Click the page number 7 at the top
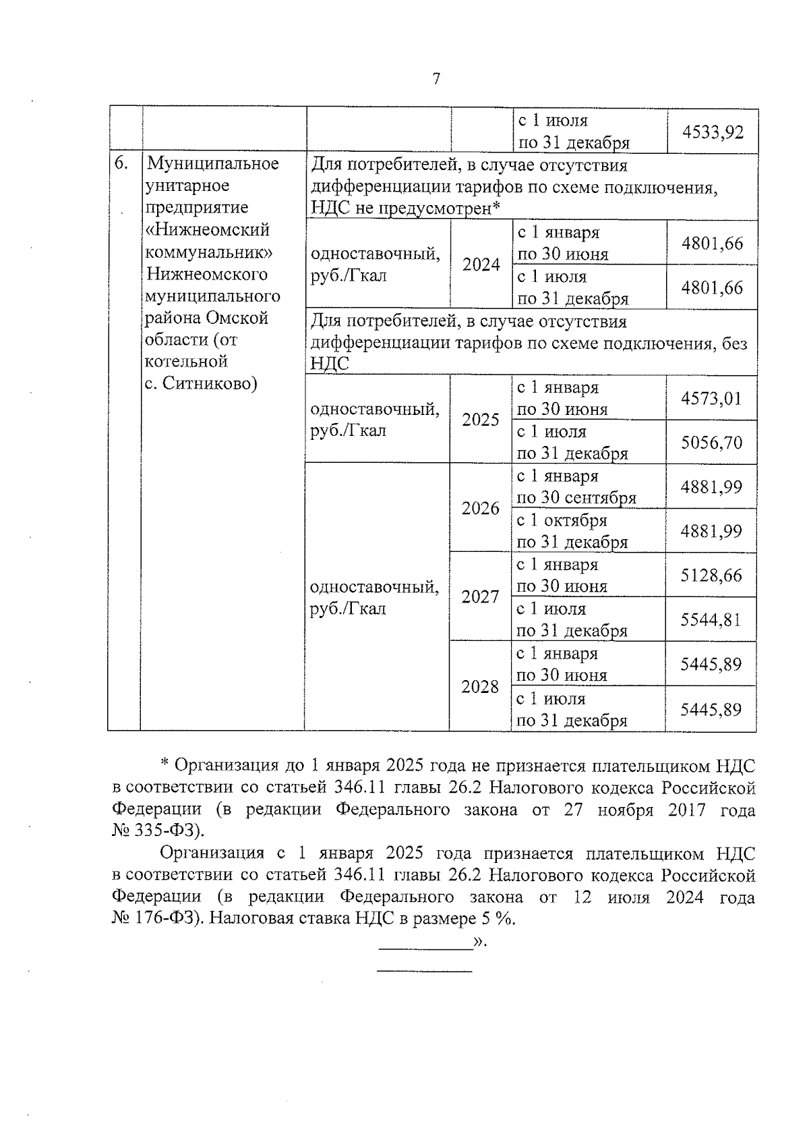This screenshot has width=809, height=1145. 436,79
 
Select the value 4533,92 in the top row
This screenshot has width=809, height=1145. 713,132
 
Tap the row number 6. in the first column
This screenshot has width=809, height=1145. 121,163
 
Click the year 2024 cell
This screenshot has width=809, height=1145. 481,264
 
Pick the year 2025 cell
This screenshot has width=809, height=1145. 480,420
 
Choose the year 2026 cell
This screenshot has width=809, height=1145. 480,508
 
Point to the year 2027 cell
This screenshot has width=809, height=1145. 480,596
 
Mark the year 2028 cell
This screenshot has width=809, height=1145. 480,687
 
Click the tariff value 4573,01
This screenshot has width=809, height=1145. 711,398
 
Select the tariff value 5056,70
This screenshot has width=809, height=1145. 711,443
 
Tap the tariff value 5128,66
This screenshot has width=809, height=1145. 711,575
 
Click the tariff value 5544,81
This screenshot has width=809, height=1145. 711,619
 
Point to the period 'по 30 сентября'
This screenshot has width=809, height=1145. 576,498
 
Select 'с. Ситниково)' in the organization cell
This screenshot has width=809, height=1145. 201,384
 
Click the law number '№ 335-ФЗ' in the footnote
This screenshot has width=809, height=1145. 156,830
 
